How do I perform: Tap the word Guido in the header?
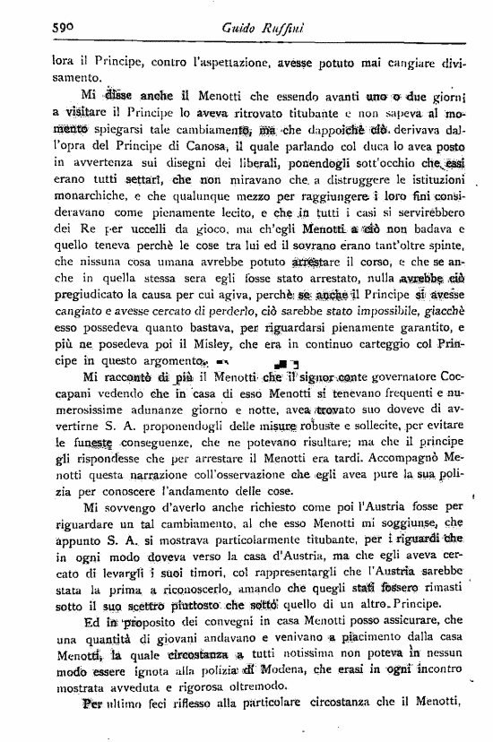pyautogui.click(x=238, y=30)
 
